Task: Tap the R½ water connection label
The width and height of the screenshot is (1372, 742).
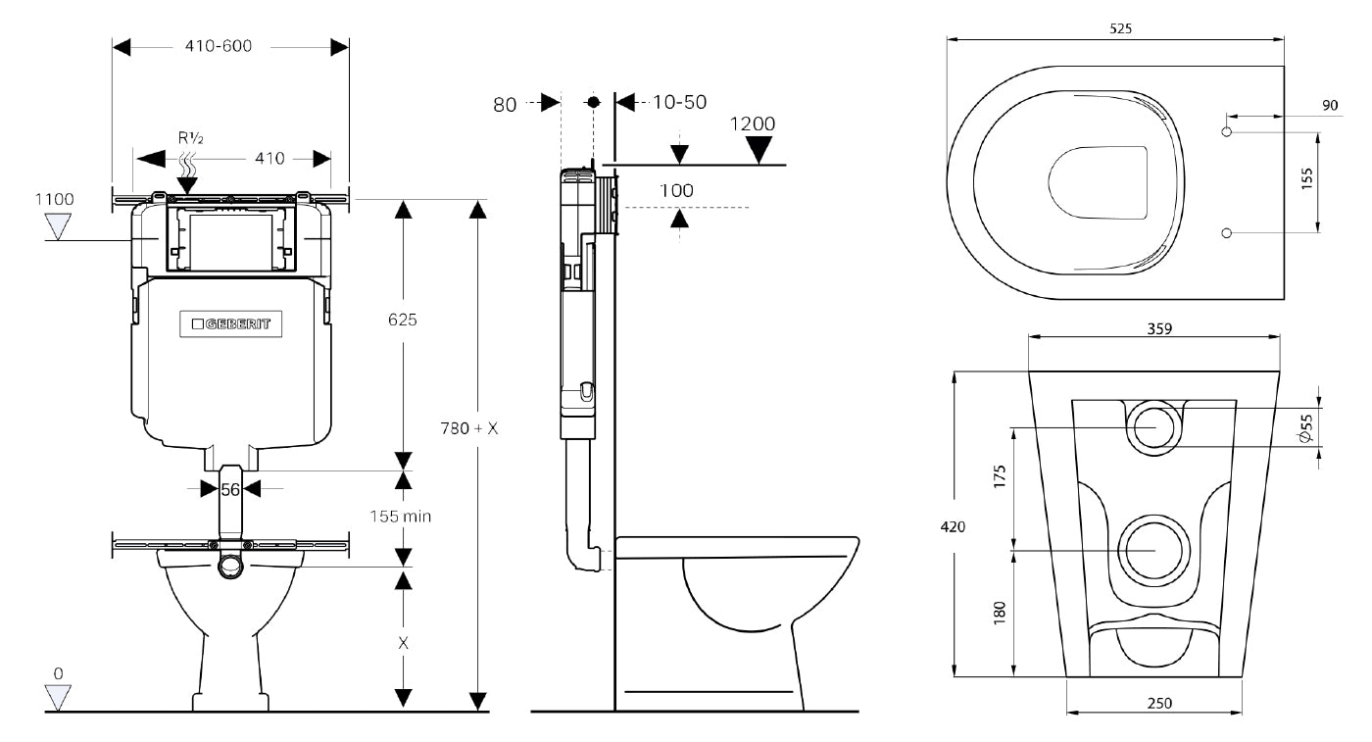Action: click(190, 138)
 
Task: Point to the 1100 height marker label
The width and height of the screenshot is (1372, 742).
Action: click(55, 199)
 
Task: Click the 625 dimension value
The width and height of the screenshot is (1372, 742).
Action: click(403, 321)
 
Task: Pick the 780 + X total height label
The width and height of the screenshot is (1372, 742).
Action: click(469, 428)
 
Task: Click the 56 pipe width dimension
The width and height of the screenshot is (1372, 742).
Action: click(229, 489)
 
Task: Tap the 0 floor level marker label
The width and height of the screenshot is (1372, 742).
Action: click(58, 673)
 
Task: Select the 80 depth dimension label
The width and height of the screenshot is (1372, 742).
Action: click(505, 104)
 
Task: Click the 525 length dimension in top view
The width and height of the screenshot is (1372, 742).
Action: click(1121, 28)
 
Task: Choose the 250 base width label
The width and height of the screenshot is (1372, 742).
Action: click(1159, 703)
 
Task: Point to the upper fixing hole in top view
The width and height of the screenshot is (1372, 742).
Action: click(1226, 131)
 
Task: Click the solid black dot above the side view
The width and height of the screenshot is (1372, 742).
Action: click(593, 102)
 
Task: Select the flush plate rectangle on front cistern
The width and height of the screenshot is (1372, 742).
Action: click(231, 238)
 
